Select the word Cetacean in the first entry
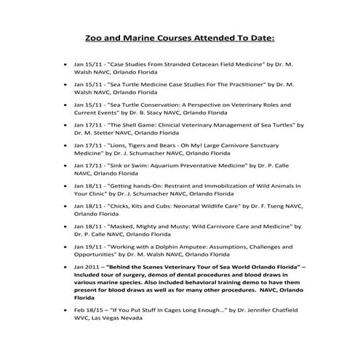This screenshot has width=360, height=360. coord(207,65)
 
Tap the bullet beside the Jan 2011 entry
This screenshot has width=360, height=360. coord(66,268)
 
